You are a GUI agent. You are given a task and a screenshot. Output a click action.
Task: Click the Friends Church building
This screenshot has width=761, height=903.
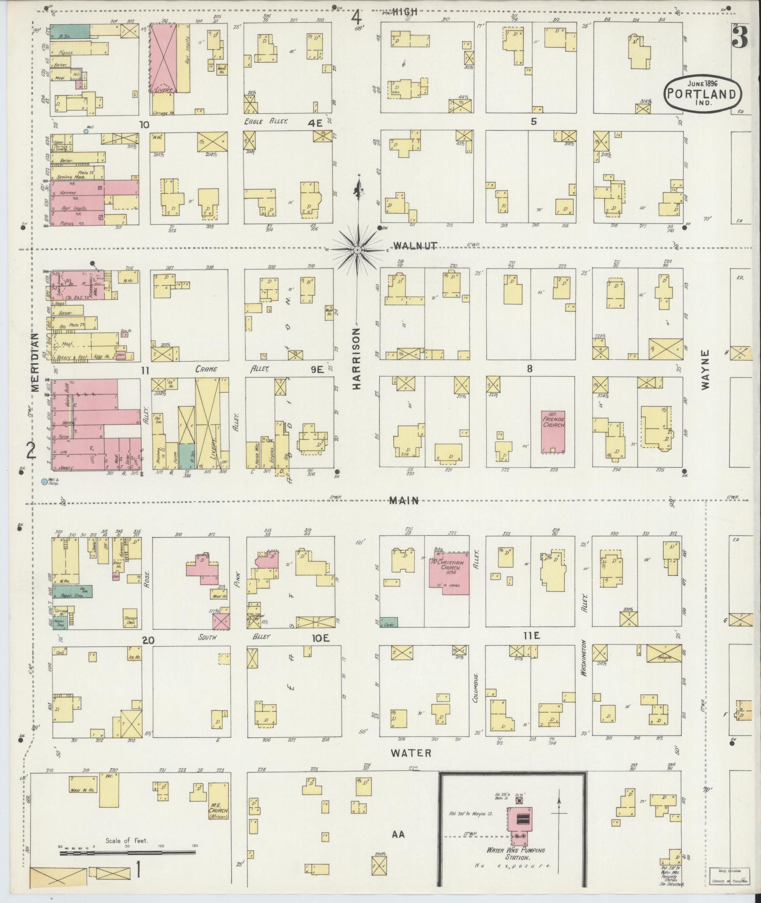coord(553,431)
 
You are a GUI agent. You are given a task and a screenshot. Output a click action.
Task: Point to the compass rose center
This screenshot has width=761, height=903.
coord(358,249)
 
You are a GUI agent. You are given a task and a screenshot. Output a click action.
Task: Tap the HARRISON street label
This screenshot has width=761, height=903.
coord(356,359)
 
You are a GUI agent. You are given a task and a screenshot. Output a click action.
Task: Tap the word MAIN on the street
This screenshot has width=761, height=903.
coord(404,501)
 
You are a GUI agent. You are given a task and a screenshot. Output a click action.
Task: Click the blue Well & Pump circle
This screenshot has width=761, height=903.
coord(44,482)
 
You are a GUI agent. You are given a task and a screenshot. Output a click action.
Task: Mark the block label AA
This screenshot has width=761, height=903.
coord(398,835)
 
